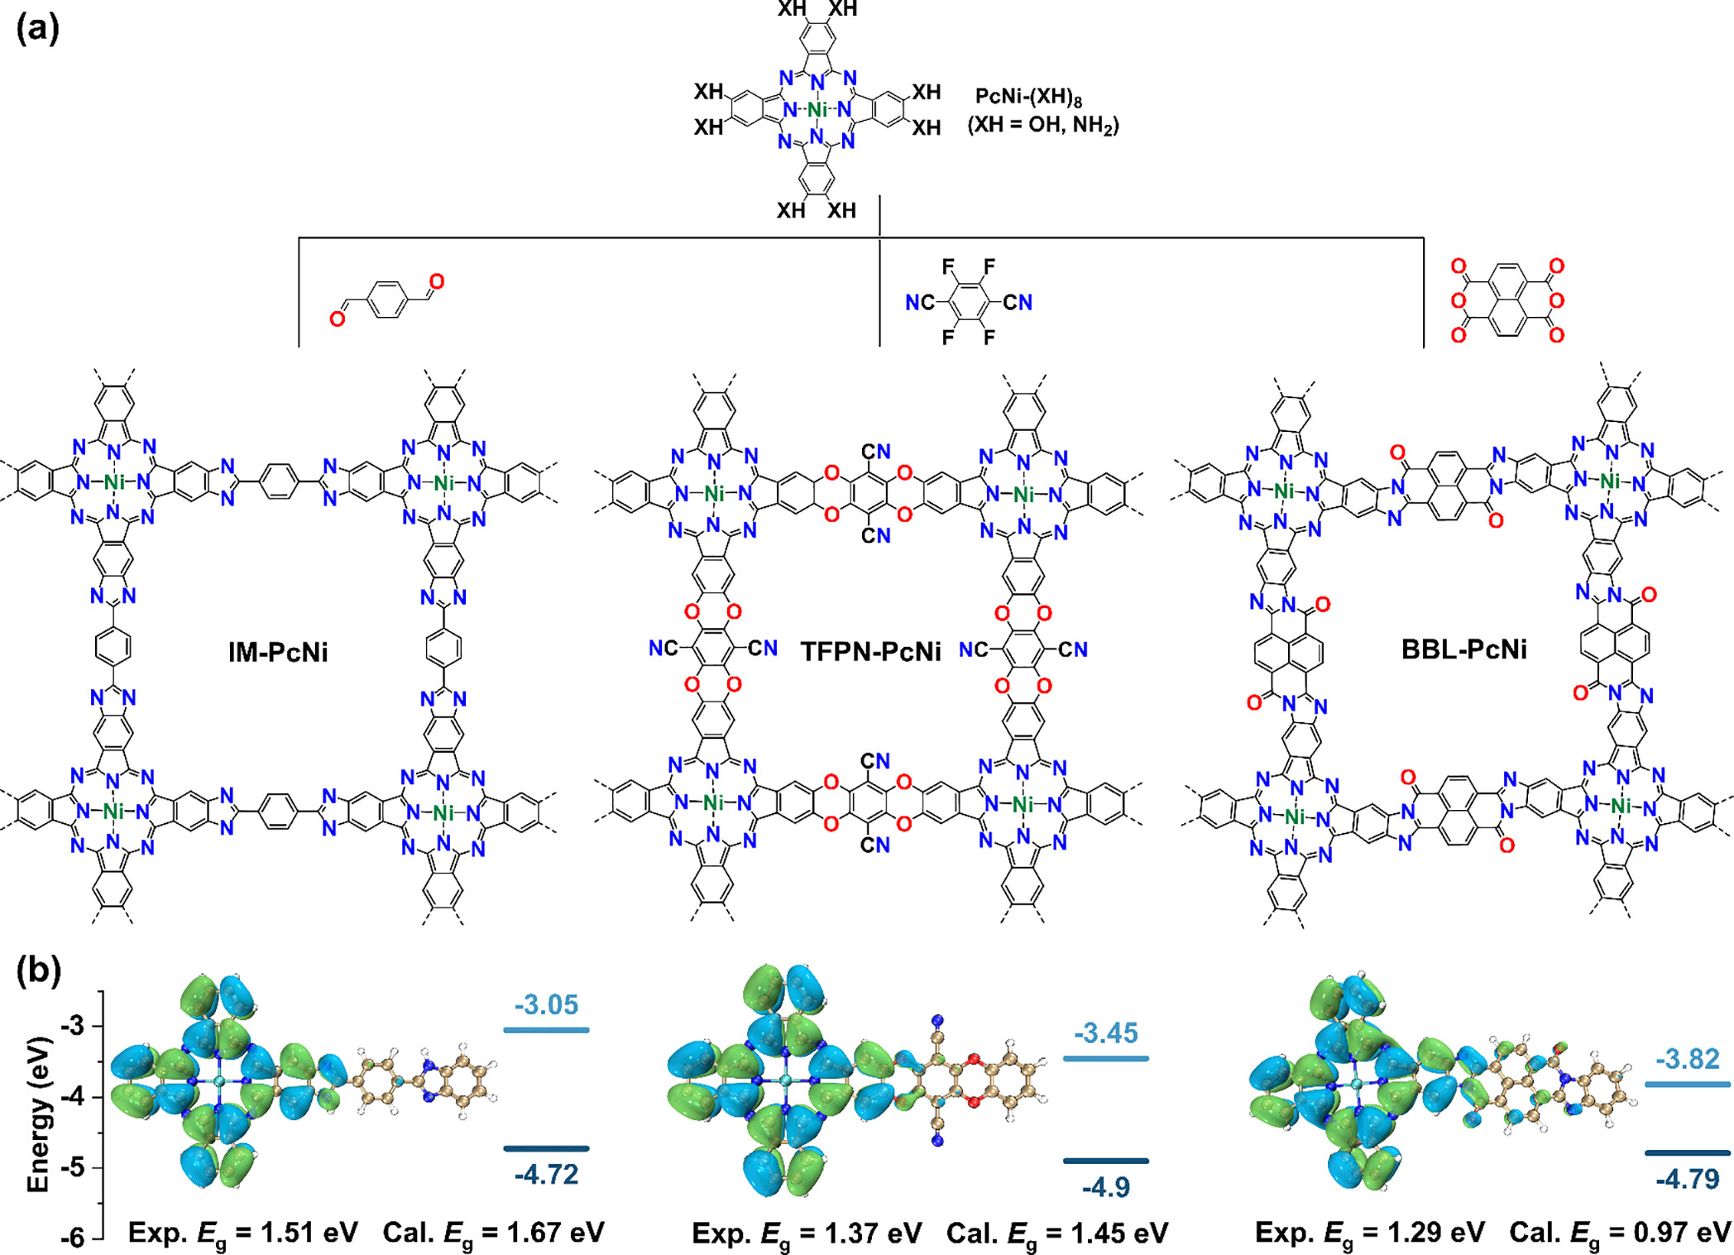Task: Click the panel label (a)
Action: (x=37, y=30)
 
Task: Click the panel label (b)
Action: (x=38, y=970)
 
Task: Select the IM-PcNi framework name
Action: (x=278, y=653)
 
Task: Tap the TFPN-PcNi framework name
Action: (x=870, y=652)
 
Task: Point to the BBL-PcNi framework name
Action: (x=1463, y=649)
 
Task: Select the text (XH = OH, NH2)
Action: (x=1043, y=126)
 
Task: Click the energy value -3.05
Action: (x=546, y=1004)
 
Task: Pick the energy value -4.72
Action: (x=546, y=1174)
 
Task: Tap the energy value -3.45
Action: (x=1106, y=1033)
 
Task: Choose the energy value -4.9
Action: (x=1106, y=1187)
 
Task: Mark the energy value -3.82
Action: (x=1688, y=1059)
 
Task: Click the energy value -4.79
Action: (x=1688, y=1178)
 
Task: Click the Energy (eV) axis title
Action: (x=38, y=1114)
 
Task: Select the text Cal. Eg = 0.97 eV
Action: (x=1620, y=1233)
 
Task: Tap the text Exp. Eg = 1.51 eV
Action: (x=242, y=1233)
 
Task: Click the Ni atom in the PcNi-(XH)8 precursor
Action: (x=817, y=110)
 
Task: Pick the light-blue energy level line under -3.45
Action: (x=1106, y=1059)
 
